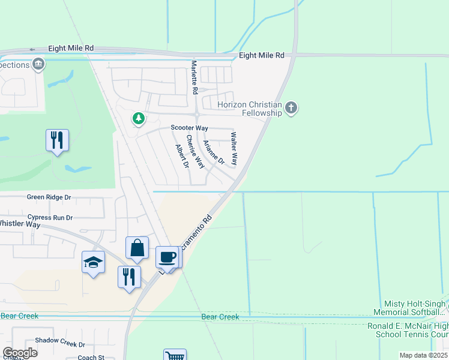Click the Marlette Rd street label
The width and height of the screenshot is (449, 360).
tap(194, 77)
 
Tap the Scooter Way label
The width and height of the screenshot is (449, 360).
tap(189, 128)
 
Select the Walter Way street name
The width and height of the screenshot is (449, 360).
tap(234, 149)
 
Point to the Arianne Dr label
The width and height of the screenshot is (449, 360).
tap(213, 152)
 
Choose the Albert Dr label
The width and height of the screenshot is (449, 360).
tap(182, 156)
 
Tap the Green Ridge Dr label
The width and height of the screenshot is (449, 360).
tap(49, 197)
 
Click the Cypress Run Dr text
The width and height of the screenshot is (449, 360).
tap(50, 218)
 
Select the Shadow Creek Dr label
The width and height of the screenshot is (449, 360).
tap(60, 344)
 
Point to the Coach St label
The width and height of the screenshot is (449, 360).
tap(91, 358)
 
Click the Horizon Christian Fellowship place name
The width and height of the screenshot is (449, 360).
tap(250, 109)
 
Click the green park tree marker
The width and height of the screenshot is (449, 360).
tap(139, 118)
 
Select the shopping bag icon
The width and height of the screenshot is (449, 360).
tap(137, 248)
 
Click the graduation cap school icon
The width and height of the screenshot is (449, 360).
tap(93, 262)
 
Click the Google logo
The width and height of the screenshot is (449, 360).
tap(20, 353)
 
